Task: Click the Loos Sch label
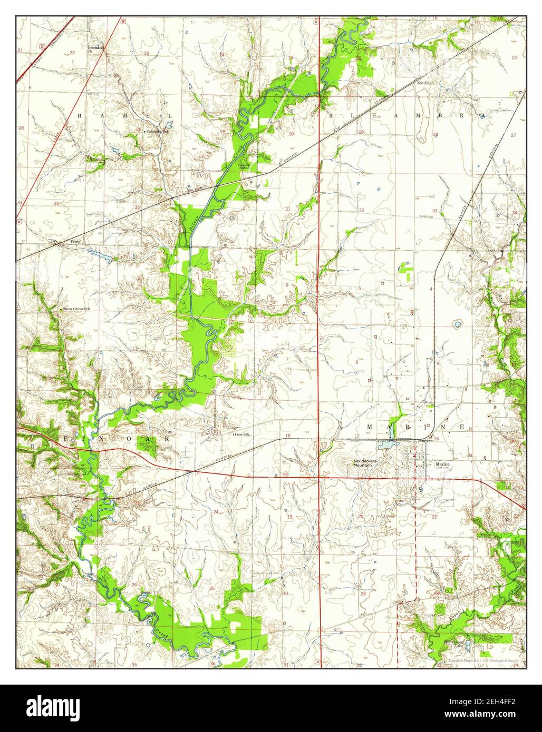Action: click(241, 434)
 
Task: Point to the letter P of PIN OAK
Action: click(66, 438)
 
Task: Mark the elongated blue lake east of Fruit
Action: click(100, 255)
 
